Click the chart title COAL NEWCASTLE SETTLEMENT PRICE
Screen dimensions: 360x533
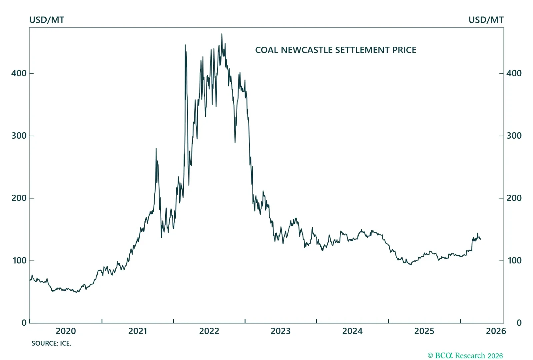pos(335,50)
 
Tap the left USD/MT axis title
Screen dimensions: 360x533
pos(47,20)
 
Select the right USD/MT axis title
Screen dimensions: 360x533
pos(486,20)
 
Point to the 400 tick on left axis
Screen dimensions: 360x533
pos(19,73)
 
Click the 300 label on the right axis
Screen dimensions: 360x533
pos(514,136)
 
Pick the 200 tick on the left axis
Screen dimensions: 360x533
pos(19,198)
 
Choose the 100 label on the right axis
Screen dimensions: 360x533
pos(514,260)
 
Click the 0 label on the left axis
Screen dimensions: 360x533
pos(24,323)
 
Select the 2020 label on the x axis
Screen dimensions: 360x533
pos(66,331)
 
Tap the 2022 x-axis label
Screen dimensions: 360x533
pos(209,331)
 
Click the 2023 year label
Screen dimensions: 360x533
pos(280,331)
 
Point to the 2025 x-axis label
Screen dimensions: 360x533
pos(424,331)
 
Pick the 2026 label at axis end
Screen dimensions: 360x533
pos(496,331)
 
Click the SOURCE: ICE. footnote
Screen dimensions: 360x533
pos(51,343)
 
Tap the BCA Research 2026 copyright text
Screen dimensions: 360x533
pos(465,356)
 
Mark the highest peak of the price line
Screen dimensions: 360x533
pos(222,34)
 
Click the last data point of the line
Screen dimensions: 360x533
pos(480,239)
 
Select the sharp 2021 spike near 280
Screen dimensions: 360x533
pos(156,149)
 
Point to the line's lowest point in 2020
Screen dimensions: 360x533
pos(77,292)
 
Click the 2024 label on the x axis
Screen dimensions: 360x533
pos(352,331)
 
